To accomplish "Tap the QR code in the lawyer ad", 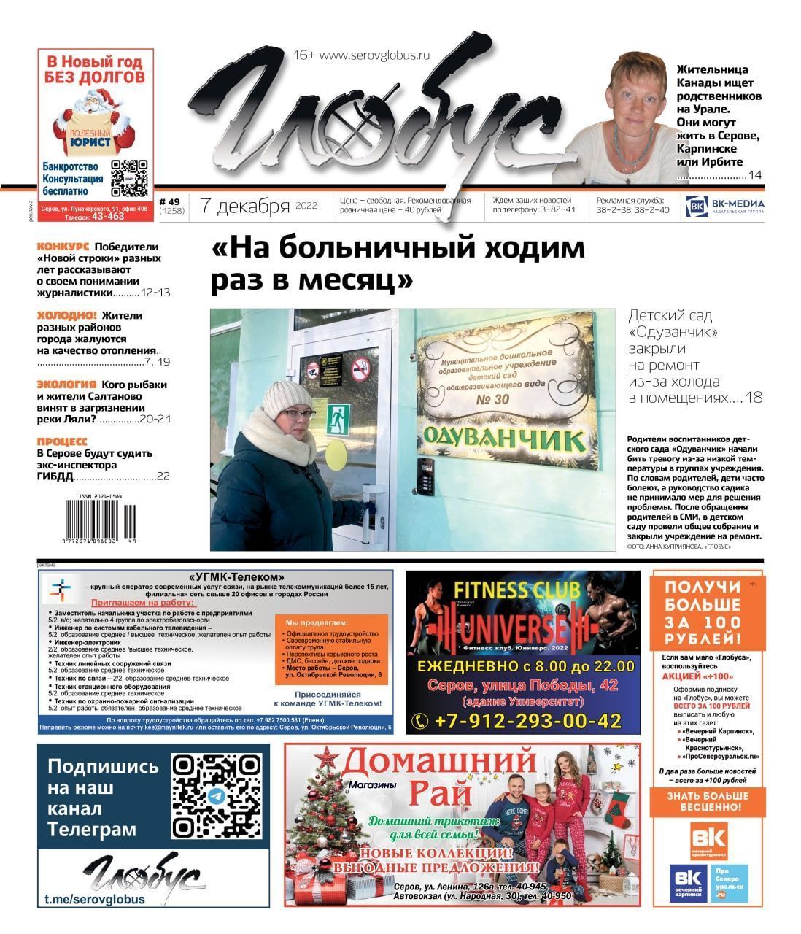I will tap(130, 178).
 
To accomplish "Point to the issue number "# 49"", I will tap(169, 201).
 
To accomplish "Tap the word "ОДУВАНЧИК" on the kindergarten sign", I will tap(505, 439).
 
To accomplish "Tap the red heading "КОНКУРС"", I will tap(63, 247).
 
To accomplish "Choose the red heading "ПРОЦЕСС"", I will tap(62, 441).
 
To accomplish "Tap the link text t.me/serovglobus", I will tap(95, 899).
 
